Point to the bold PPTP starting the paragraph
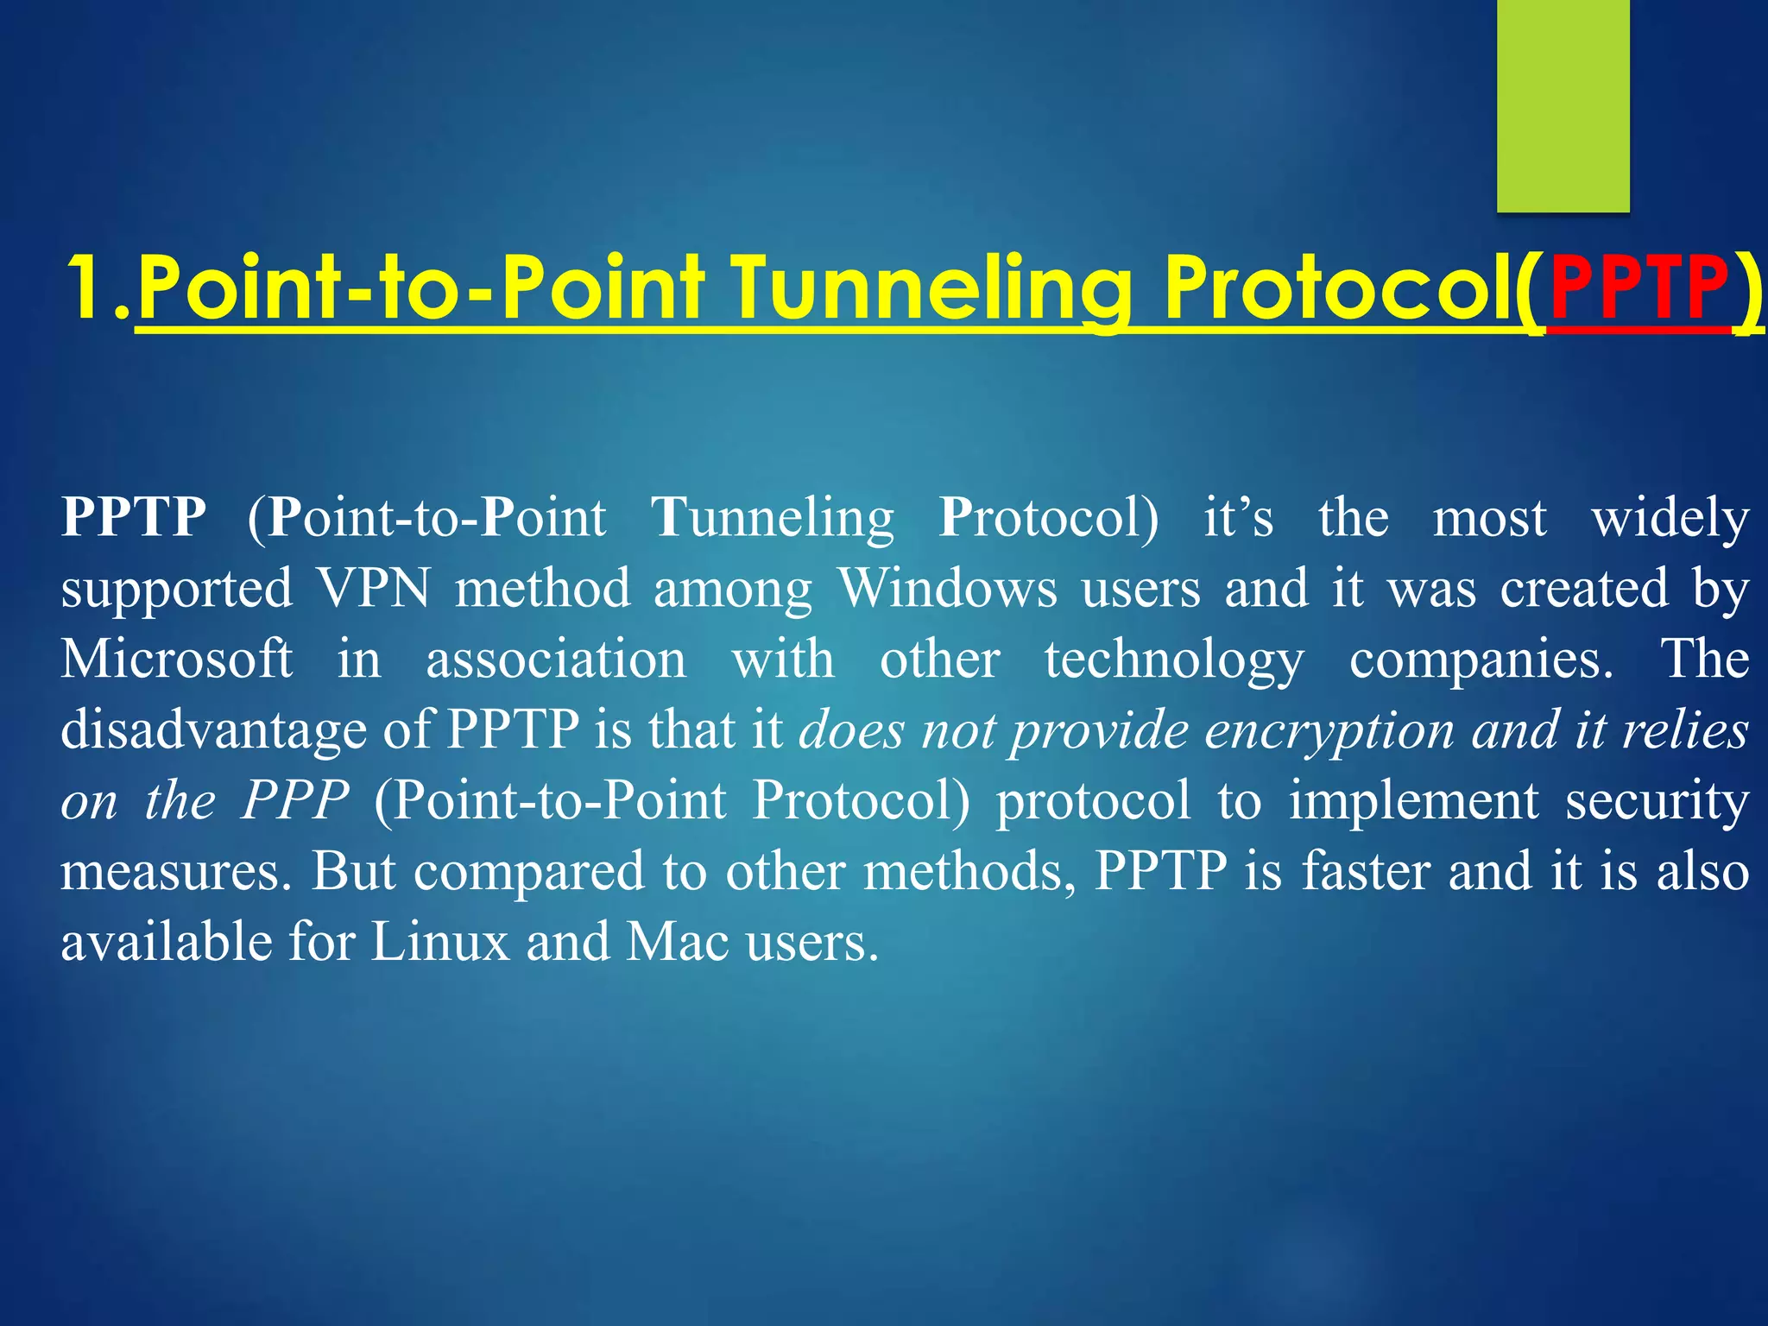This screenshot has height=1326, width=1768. (x=134, y=518)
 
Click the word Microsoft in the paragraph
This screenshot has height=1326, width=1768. (x=177, y=660)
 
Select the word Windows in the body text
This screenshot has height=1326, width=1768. (x=948, y=589)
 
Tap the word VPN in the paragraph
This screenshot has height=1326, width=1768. (x=375, y=589)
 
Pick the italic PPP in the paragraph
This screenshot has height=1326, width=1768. (x=295, y=801)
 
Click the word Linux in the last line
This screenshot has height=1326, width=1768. (x=440, y=942)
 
